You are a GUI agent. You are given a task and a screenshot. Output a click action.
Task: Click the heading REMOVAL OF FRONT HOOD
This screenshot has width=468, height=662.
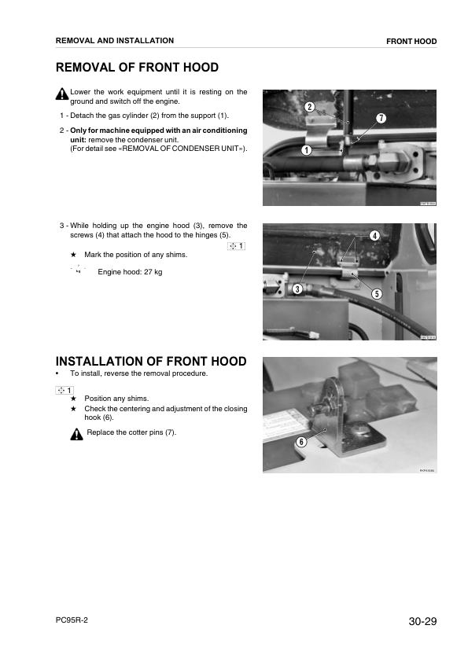pyautogui.click(x=137, y=68)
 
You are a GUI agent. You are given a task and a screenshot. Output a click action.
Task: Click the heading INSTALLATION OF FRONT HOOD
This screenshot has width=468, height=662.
pyautogui.click(x=150, y=362)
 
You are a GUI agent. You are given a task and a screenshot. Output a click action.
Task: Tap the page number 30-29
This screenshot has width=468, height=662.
pyautogui.click(x=422, y=622)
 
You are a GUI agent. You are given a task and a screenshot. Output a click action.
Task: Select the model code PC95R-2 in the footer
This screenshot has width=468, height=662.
pyautogui.click(x=72, y=620)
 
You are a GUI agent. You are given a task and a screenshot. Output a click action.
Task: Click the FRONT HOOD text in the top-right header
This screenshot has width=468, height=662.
pyautogui.click(x=411, y=41)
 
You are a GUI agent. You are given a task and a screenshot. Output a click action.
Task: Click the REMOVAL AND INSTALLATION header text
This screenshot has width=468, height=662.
pyautogui.click(x=115, y=40)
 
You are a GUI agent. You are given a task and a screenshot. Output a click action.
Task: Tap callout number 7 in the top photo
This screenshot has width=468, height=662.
pyautogui.click(x=381, y=118)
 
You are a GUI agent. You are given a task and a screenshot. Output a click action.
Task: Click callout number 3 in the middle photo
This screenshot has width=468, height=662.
pyautogui.click(x=297, y=289)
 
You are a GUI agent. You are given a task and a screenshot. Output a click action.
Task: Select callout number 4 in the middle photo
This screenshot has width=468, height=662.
pyautogui.click(x=374, y=236)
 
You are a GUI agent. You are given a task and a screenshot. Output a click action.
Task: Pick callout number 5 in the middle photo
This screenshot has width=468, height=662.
pyautogui.click(x=377, y=294)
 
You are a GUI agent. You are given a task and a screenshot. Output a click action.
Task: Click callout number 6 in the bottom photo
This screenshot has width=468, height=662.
pyautogui.click(x=300, y=442)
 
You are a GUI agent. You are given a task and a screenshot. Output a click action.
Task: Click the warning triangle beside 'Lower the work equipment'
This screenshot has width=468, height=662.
pyautogui.click(x=62, y=95)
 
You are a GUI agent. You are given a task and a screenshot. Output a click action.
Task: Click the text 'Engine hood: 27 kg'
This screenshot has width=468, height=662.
pyautogui.click(x=130, y=272)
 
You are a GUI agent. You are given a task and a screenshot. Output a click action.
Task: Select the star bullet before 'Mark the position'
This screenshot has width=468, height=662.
pyautogui.click(x=73, y=255)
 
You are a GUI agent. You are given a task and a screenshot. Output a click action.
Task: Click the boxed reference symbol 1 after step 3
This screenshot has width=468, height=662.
pyautogui.click(x=236, y=246)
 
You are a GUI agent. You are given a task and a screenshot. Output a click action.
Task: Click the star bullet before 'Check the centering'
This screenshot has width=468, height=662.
pyautogui.click(x=73, y=409)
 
